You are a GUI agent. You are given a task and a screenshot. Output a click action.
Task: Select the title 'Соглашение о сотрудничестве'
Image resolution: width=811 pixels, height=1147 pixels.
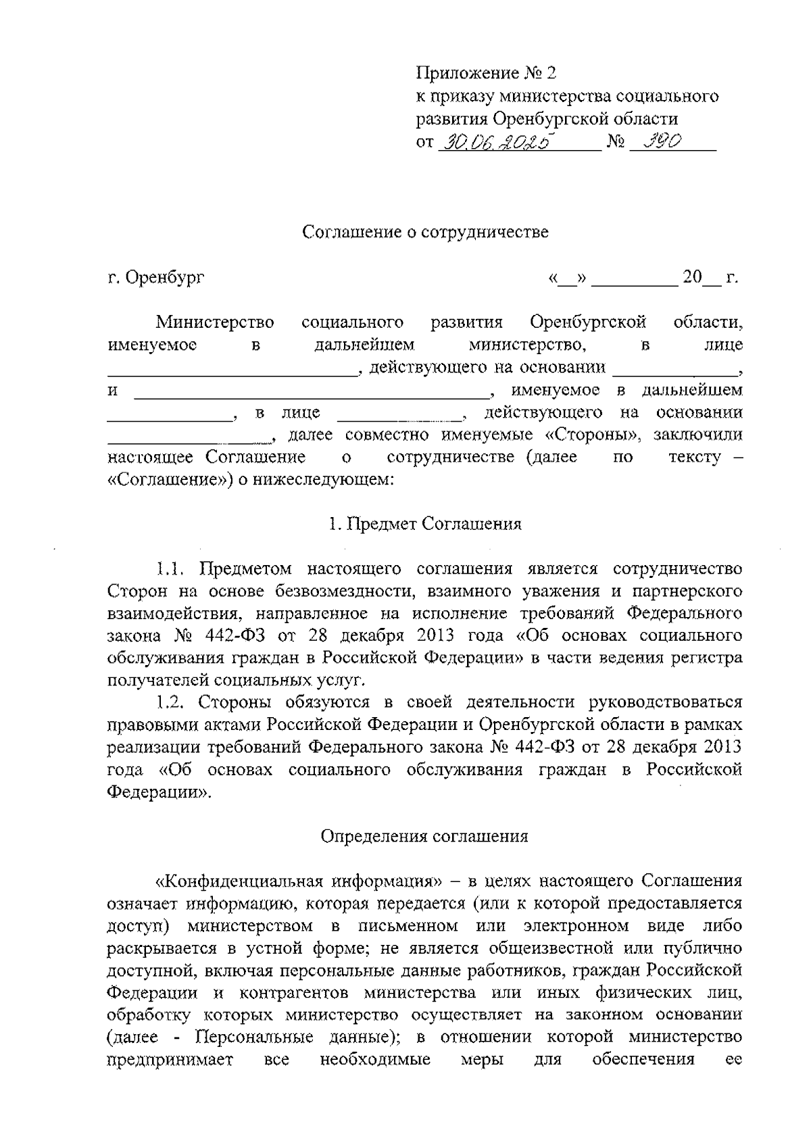(425, 233)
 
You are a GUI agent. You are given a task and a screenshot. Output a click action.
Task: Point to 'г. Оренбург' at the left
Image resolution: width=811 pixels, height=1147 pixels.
(156, 278)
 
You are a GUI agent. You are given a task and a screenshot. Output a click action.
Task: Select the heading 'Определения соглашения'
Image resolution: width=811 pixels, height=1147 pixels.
(424, 836)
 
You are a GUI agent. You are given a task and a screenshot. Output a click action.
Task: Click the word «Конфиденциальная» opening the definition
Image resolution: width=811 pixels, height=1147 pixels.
(240, 881)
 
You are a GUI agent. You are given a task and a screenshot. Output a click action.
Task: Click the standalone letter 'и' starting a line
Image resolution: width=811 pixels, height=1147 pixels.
(113, 391)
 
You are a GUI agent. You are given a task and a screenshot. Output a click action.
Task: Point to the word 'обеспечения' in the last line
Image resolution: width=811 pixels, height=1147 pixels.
(643, 1059)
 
